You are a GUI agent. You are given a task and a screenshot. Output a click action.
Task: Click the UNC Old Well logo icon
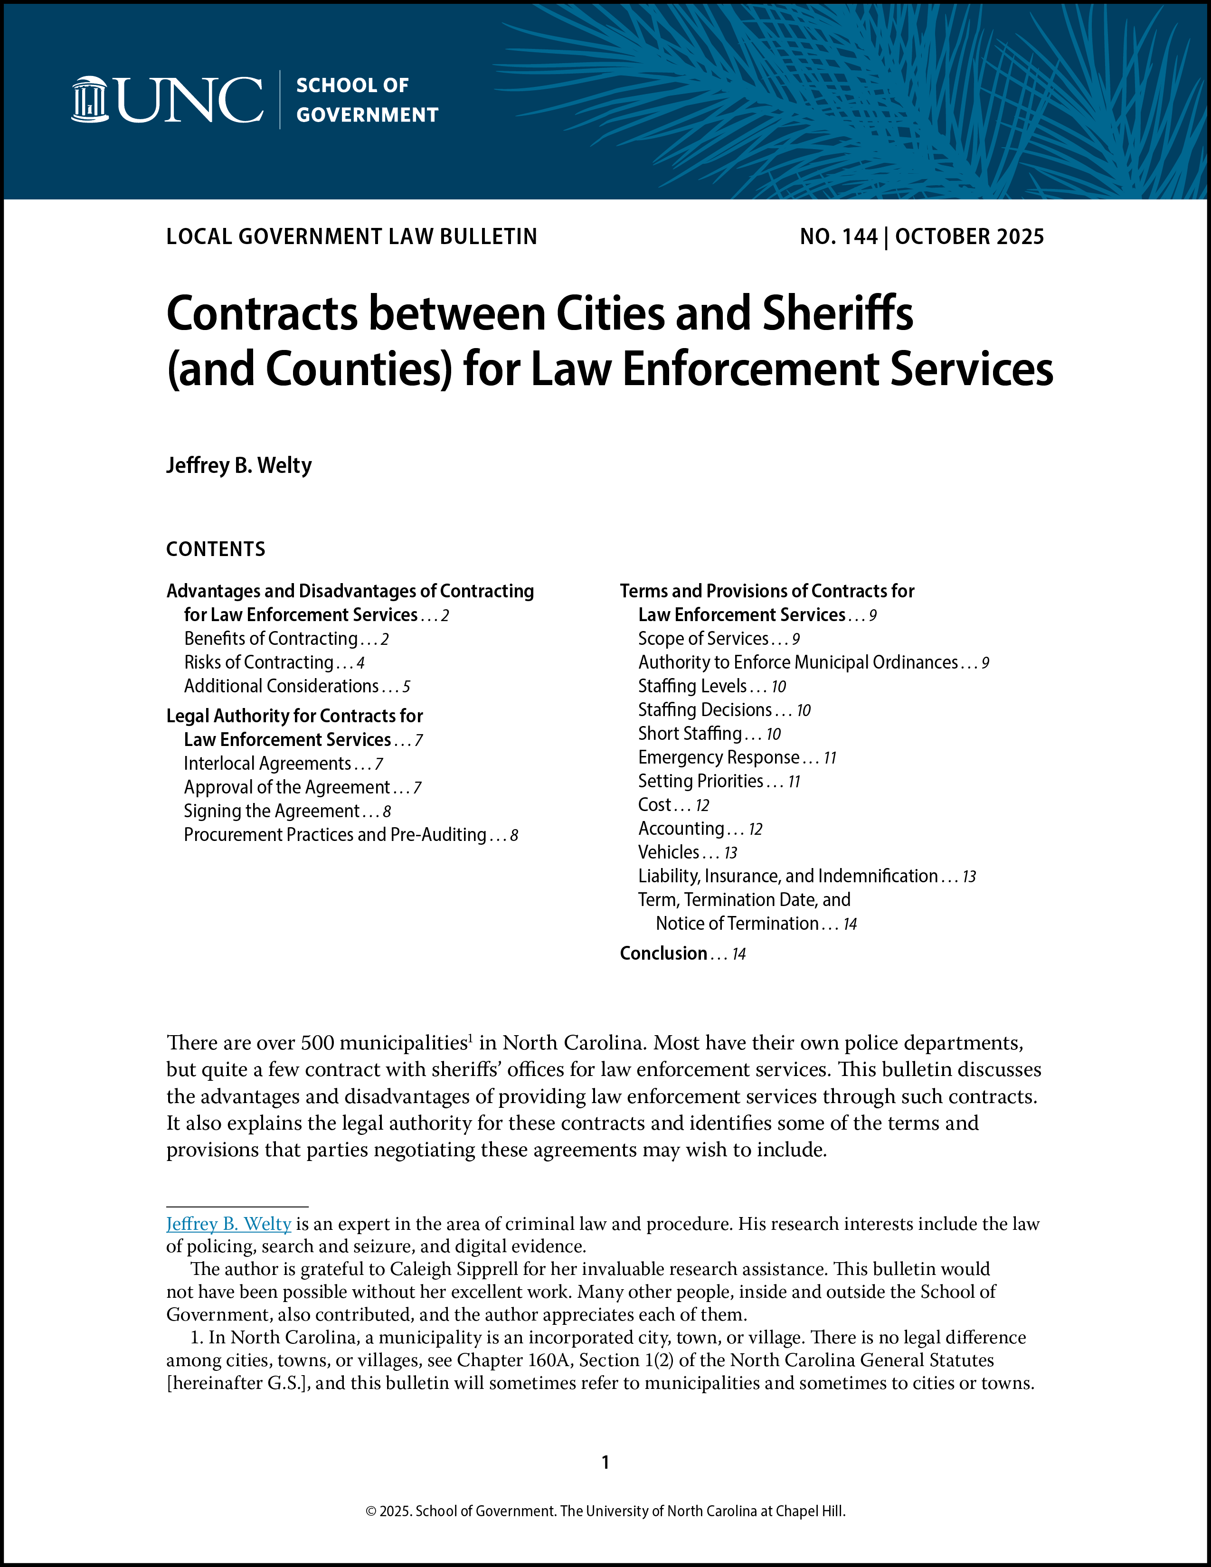coord(90,99)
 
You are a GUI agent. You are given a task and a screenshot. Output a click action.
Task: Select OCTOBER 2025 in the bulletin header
coord(969,237)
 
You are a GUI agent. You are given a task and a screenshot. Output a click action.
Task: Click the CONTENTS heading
coord(215,549)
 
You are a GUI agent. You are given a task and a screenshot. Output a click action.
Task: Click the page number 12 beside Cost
coord(702,805)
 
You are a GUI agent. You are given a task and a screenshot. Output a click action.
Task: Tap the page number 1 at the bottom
coord(605,1462)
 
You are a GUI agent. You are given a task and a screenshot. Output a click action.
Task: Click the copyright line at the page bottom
coord(605,1510)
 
